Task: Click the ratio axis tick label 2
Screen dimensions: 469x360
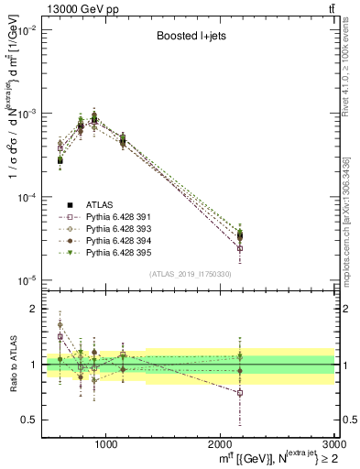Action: (34, 309)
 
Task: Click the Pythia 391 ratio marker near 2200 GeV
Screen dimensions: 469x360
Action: (240, 393)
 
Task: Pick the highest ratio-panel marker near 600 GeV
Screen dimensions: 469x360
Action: (60, 324)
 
